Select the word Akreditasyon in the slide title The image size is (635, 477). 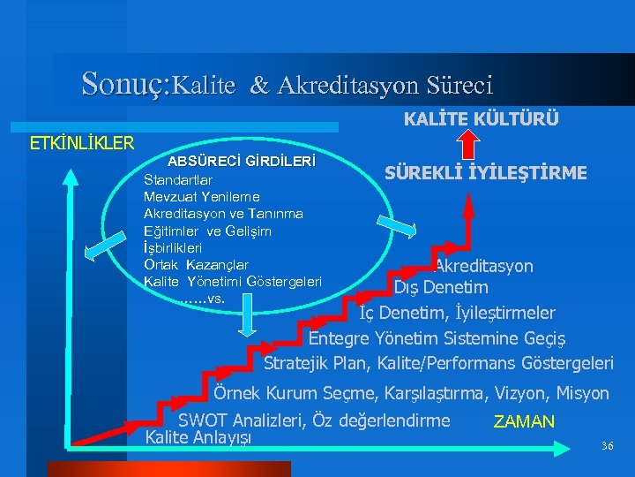pos(339,86)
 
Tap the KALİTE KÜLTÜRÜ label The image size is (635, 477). pos(481,119)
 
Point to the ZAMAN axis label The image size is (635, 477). pos(524,422)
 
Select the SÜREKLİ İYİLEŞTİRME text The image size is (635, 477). pos(486,173)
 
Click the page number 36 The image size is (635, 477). pos(606,445)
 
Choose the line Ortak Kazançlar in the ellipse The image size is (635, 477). pos(196,265)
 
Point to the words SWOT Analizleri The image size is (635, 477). pos(238,420)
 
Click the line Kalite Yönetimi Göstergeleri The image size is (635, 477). pos(232,282)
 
